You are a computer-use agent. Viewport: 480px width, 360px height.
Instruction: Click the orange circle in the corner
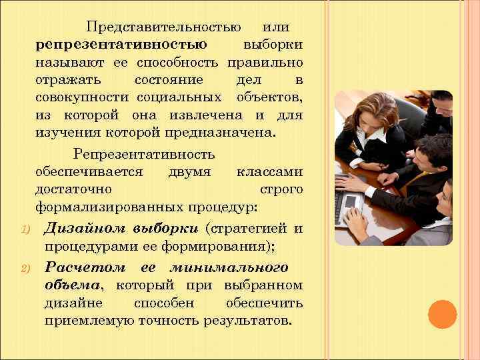click(x=441, y=315)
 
